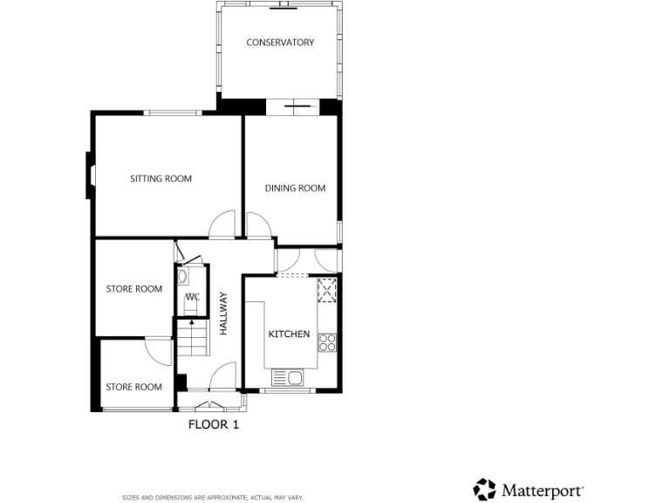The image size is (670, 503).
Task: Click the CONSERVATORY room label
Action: [x=280, y=42]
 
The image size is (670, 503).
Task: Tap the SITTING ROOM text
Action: [x=161, y=179]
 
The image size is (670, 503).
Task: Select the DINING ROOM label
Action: [x=295, y=188]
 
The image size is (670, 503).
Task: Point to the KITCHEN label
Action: [x=288, y=334]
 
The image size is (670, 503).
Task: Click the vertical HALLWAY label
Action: [x=223, y=314]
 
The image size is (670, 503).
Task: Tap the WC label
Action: [x=193, y=297]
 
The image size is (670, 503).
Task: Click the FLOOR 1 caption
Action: [x=214, y=425]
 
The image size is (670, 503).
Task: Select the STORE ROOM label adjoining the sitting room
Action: [x=134, y=289]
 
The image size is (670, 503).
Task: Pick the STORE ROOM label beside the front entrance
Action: [x=134, y=387]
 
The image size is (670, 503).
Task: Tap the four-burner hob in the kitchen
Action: [x=328, y=341]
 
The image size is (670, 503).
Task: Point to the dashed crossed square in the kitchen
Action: [x=327, y=289]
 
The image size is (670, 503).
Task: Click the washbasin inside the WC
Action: [x=182, y=277]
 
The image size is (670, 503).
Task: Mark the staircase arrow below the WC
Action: [x=192, y=337]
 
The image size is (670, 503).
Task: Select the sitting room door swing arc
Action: [x=222, y=224]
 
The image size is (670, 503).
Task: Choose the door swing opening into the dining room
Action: [x=259, y=225]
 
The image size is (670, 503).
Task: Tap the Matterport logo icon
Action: [x=484, y=489]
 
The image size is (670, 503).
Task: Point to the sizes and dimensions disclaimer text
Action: [x=212, y=497]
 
